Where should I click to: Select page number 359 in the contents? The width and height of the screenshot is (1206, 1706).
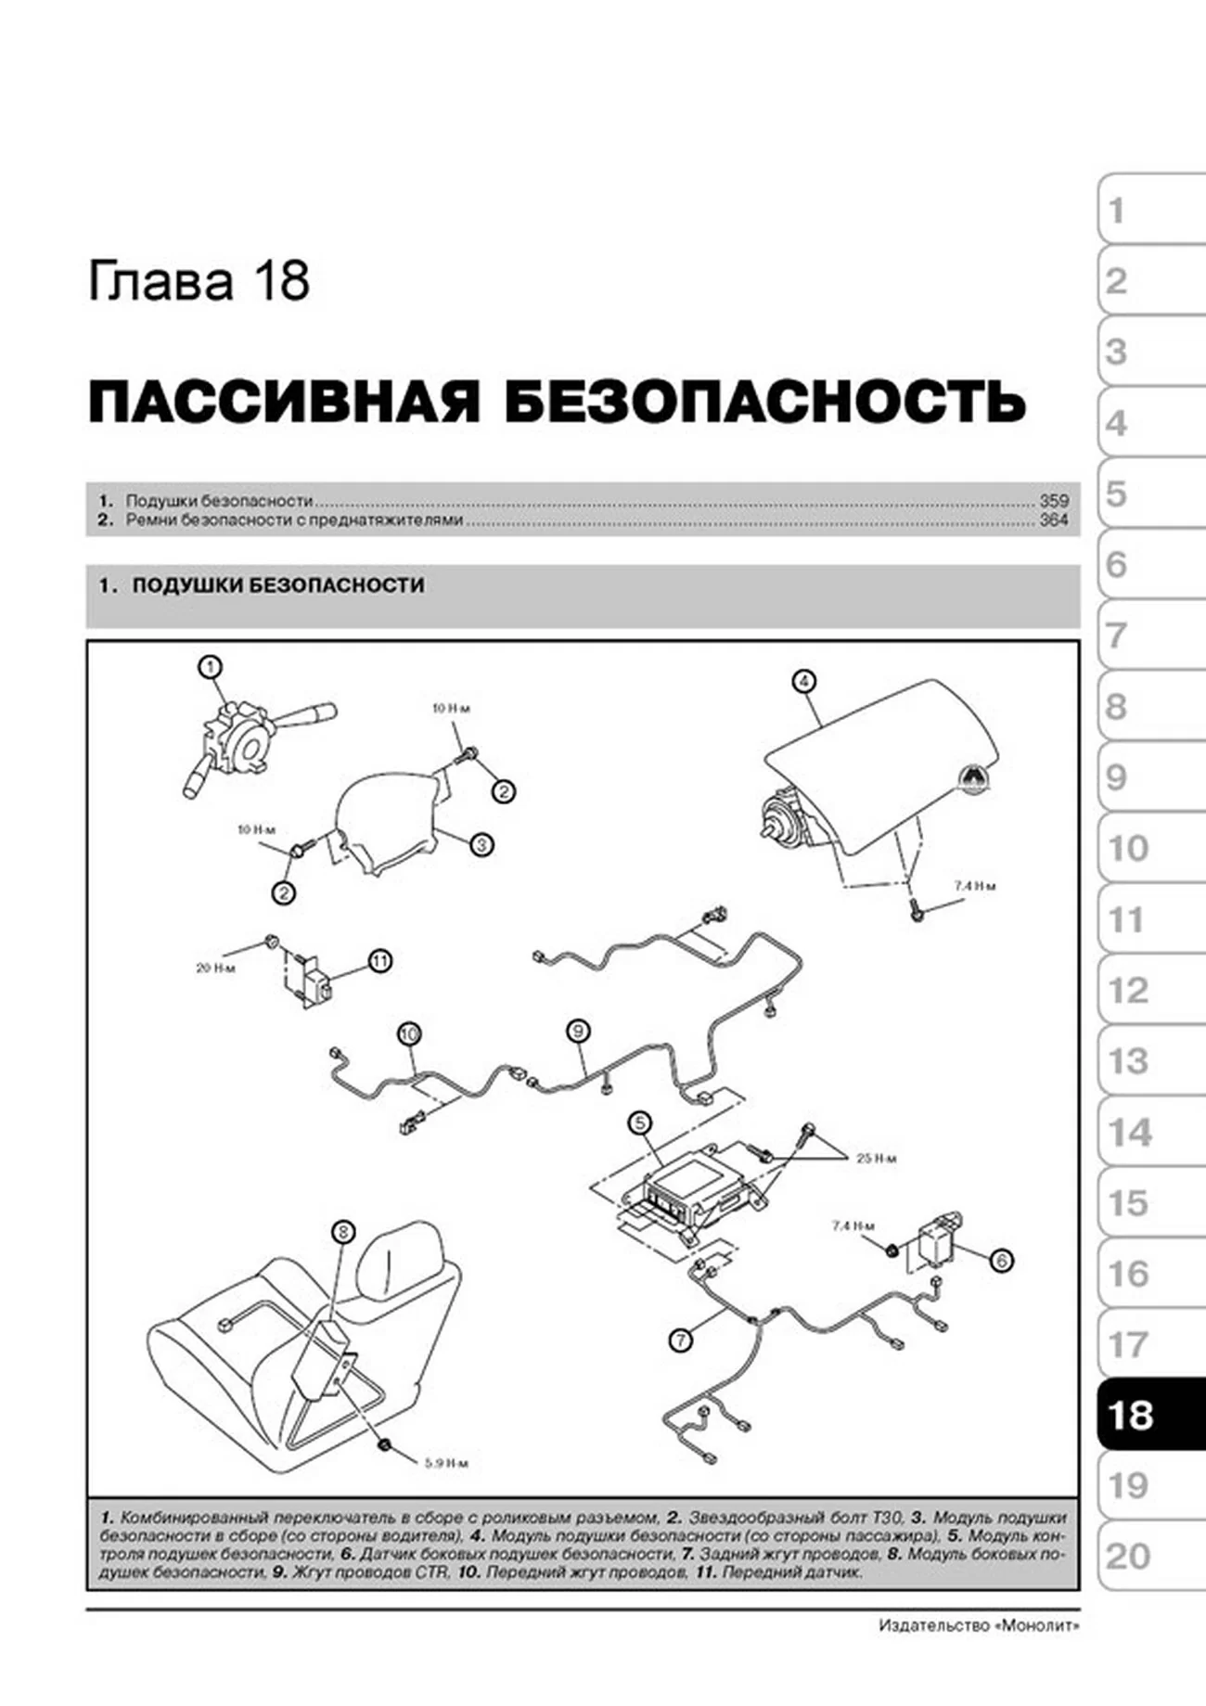(x=1054, y=500)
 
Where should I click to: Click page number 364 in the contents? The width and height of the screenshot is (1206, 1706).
(x=1054, y=520)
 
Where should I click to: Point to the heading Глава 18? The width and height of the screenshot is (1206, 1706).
(x=199, y=281)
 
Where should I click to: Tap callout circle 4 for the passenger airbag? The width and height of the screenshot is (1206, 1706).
(x=803, y=682)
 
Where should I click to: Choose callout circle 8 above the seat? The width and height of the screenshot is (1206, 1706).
(x=342, y=1232)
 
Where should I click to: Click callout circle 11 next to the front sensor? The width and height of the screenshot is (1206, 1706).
(x=380, y=961)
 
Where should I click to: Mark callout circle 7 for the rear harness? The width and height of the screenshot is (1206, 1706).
(x=681, y=1340)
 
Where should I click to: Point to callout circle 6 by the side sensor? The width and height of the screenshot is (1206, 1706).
(x=1001, y=1260)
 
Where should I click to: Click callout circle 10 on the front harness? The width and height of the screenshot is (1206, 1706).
(x=409, y=1033)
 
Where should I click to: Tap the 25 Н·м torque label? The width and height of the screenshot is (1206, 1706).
(x=876, y=1159)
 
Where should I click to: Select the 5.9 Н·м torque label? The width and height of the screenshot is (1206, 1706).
(x=446, y=1464)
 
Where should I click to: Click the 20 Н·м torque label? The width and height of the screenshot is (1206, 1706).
(x=215, y=968)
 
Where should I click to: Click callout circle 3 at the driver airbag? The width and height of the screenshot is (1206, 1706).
(x=481, y=844)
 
